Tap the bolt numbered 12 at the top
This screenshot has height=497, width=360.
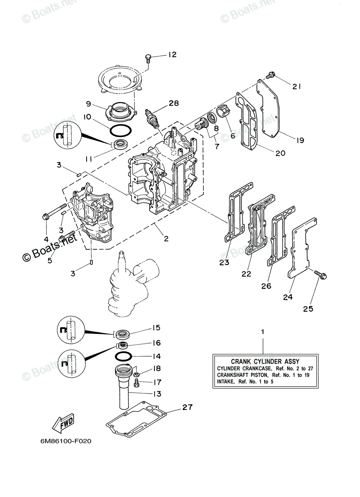point(149,58)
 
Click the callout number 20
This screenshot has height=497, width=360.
point(280,153)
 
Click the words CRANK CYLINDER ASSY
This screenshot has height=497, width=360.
point(259,362)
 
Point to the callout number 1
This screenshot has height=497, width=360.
point(262,332)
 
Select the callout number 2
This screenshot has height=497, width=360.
point(166,239)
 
